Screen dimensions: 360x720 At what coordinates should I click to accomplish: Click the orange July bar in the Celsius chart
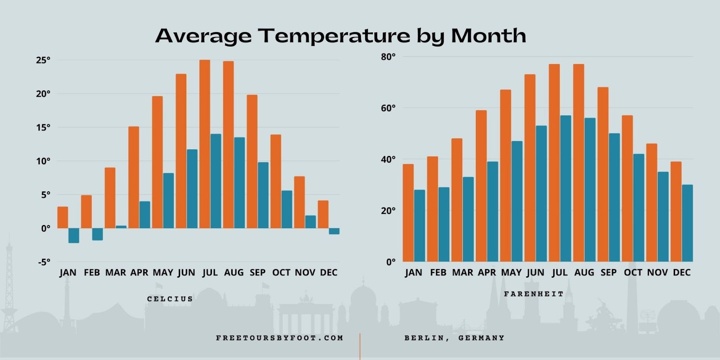[205, 144]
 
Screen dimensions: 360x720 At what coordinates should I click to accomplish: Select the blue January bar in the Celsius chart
[74, 235]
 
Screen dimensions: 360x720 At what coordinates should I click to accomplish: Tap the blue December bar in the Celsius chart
[334, 231]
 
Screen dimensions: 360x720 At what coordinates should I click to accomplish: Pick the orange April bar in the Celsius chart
[134, 177]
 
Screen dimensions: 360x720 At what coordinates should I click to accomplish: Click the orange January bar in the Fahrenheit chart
[408, 213]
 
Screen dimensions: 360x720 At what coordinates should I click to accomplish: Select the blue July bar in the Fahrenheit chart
[566, 189]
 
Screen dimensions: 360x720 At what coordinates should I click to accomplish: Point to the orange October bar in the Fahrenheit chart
[627, 189]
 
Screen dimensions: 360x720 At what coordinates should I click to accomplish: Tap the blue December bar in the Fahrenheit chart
[687, 223]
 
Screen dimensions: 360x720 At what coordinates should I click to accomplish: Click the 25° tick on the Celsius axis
[43, 60]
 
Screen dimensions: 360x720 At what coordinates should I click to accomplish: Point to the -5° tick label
[43, 262]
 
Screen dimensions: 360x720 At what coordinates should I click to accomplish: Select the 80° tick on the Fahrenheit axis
[388, 57]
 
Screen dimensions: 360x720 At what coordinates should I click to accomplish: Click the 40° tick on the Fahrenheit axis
[388, 159]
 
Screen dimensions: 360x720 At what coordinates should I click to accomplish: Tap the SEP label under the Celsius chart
[257, 273]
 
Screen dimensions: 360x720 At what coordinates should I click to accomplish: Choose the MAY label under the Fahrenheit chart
[511, 273]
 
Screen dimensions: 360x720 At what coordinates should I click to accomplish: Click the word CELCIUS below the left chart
[170, 299]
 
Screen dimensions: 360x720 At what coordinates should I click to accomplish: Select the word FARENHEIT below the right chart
[534, 294]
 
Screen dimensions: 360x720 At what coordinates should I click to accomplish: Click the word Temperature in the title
[334, 36]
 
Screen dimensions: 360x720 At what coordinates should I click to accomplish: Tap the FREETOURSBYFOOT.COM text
[279, 338]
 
